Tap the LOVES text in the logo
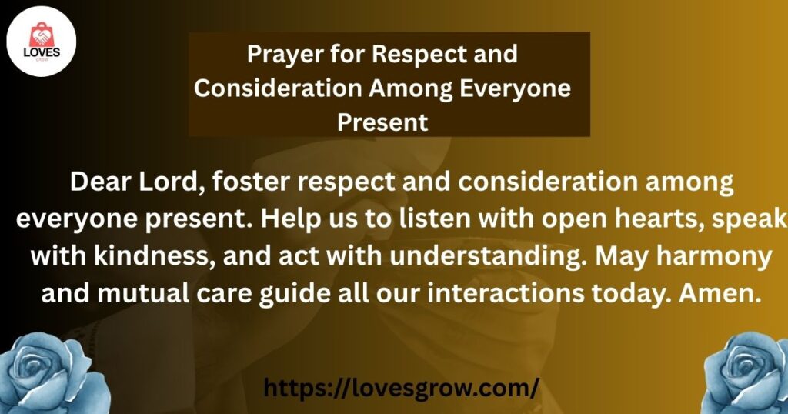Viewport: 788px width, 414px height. point(42,52)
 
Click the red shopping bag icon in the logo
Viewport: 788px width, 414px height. point(42,35)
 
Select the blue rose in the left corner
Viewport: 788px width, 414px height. point(53,373)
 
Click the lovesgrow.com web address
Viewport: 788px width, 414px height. point(401,388)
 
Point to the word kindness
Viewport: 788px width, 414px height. point(155,257)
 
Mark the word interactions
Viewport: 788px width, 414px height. point(506,293)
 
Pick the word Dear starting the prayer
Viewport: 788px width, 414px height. point(101,182)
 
